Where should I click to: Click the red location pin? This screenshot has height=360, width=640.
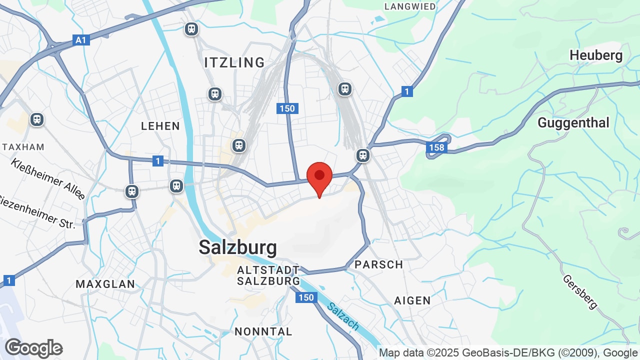pos(319,178)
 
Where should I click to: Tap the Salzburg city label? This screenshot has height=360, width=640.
pos(237,247)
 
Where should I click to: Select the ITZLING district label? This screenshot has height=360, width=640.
pos(234,62)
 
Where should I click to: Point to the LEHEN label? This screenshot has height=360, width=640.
pos(160,126)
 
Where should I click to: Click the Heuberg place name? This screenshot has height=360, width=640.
pos(596,55)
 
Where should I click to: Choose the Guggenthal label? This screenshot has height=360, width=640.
pos(573,122)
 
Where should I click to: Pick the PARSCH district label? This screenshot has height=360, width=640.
pos(378,264)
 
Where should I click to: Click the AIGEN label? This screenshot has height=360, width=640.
pos(412,300)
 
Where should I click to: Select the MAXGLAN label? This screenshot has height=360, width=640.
pos(105,284)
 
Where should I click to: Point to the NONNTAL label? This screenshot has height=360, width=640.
pos(263,331)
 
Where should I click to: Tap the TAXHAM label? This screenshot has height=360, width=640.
pos(23,147)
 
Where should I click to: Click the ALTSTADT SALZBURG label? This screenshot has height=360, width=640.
pos(268,275)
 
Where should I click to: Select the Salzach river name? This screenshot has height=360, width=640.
pos(343,316)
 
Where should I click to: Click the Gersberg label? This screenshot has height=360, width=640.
pos(580,291)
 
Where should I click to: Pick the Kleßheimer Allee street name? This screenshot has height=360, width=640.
pos(48,178)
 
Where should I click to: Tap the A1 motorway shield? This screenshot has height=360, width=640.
pos(81,40)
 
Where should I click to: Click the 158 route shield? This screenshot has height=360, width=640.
pos(436,147)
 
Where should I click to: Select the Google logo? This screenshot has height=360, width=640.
pos(33,348)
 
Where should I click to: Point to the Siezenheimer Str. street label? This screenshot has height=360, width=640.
pos(37,212)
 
